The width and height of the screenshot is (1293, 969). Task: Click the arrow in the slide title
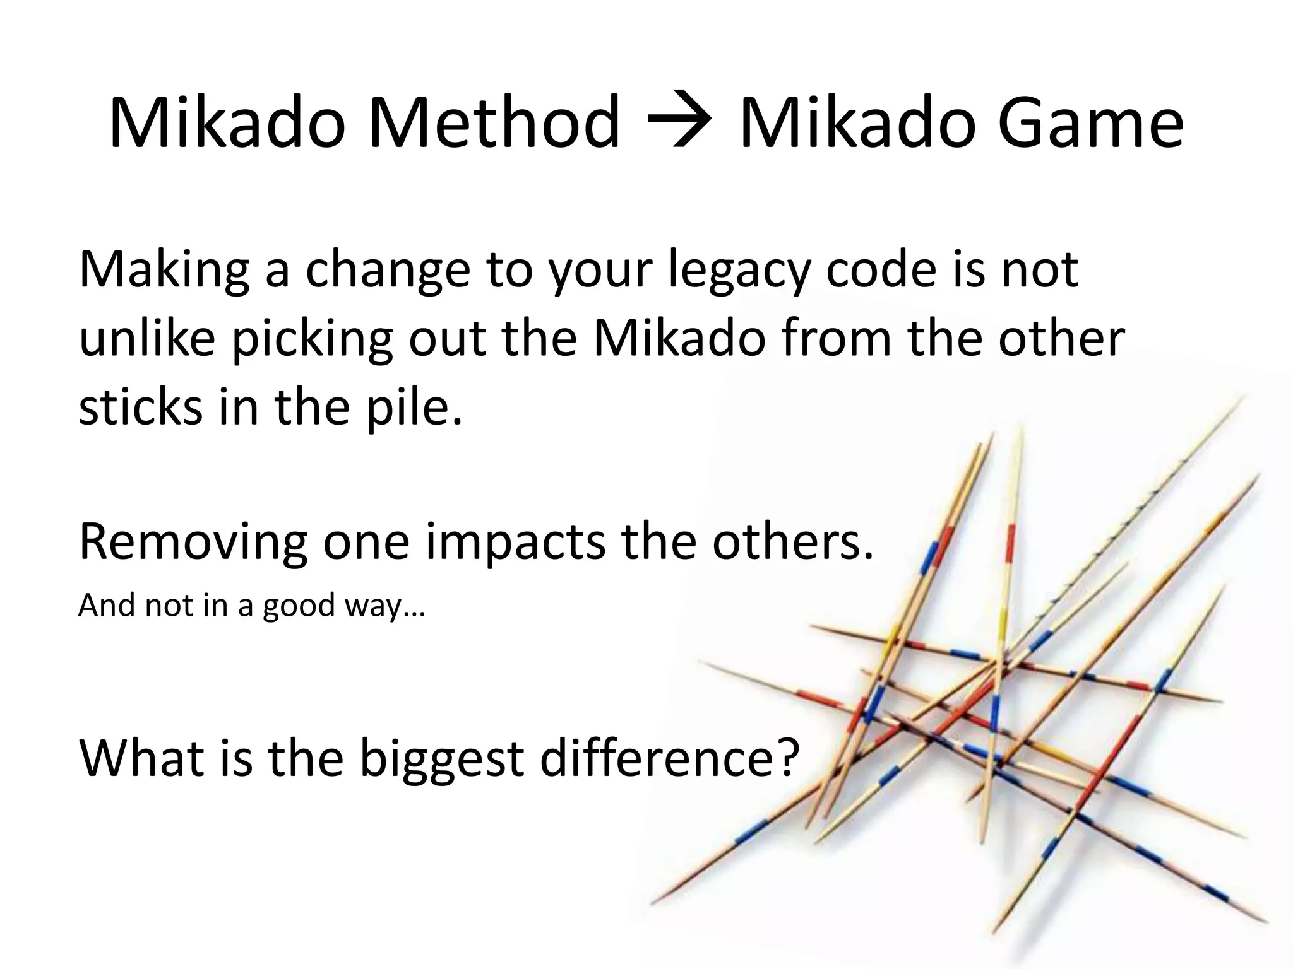pyautogui.click(x=679, y=124)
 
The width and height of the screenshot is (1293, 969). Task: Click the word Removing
pyautogui.click(x=193, y=543)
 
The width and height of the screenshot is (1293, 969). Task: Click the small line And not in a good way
pyautogui.click(x=251, y=606)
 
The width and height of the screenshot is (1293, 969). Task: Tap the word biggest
pyautogui.click(x=441, y=758)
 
